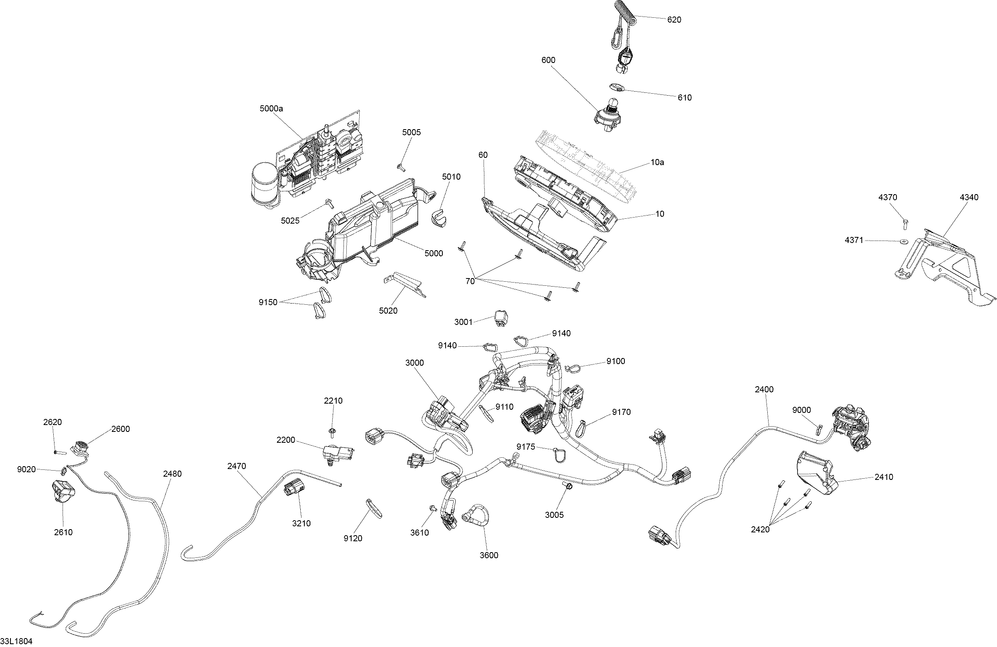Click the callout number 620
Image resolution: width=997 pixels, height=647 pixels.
coord(674,20)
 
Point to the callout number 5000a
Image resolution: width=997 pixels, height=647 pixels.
coord(271,109)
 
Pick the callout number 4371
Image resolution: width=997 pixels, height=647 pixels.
coord(854,241)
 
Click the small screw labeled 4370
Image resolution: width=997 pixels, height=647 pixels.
coord(905,222)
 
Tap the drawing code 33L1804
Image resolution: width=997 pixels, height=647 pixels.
coord(16,641)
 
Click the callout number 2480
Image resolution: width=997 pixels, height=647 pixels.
coord(172,473)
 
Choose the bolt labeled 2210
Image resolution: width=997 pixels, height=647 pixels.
coord(332,431)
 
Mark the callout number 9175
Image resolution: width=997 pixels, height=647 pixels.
coord(526,447)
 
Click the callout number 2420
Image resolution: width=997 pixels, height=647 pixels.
coord(760,530)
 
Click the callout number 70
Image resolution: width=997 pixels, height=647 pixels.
coord(470,281)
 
